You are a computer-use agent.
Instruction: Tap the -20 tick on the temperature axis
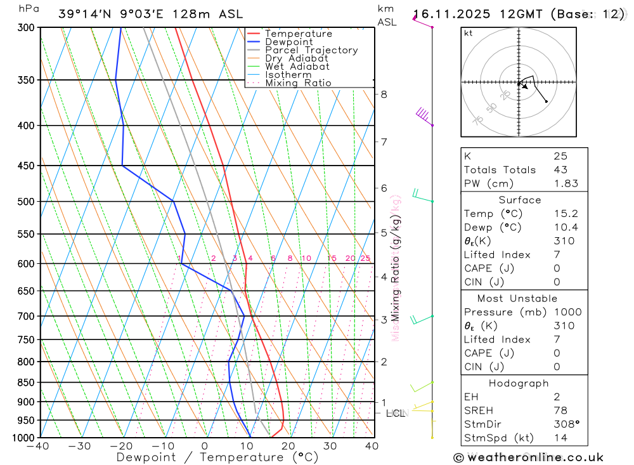point(121,446)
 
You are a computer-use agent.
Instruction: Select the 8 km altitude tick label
point(384,95)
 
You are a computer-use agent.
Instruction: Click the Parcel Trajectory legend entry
point(311,50)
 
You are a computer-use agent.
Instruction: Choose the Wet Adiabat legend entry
point(297,67)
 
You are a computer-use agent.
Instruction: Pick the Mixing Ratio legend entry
point(298,83)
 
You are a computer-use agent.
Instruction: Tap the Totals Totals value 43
point(560,170)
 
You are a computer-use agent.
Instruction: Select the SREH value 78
point(560,410)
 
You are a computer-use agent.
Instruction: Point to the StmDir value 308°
point(564,424)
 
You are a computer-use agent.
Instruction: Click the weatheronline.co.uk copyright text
point(528,457)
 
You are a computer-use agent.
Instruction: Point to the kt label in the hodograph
point(469,34)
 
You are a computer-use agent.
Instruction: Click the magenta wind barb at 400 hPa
point(424,116)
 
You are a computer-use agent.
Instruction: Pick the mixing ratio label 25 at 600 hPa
point(365,258)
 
